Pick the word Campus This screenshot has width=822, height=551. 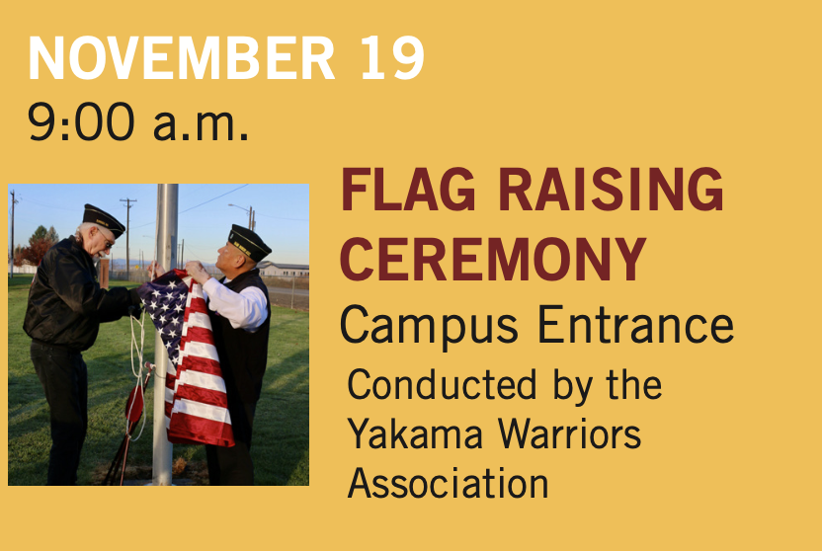pyautogui.click(x=419, y=327)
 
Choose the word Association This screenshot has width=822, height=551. pyautogui.click(x=449, y=484)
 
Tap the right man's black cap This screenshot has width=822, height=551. pyautogui.click(x=248, y=241)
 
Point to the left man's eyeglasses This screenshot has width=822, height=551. pyautogui.click(x=106, y=237)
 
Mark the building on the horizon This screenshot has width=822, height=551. pyautogui.click(x=281, y=269)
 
